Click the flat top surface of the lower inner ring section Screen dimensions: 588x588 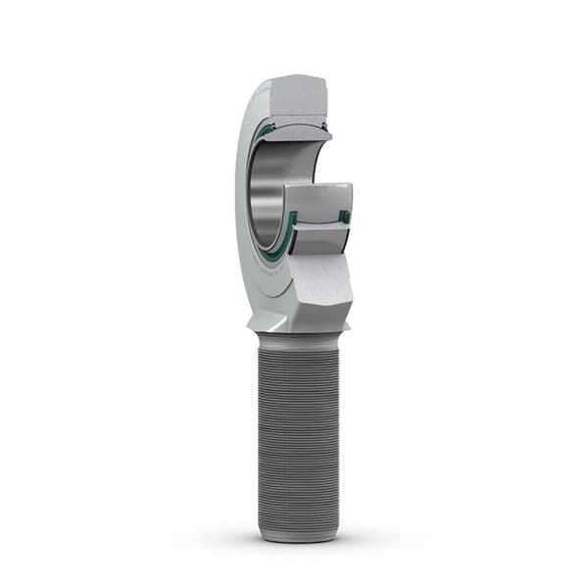[x=318, y=194]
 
